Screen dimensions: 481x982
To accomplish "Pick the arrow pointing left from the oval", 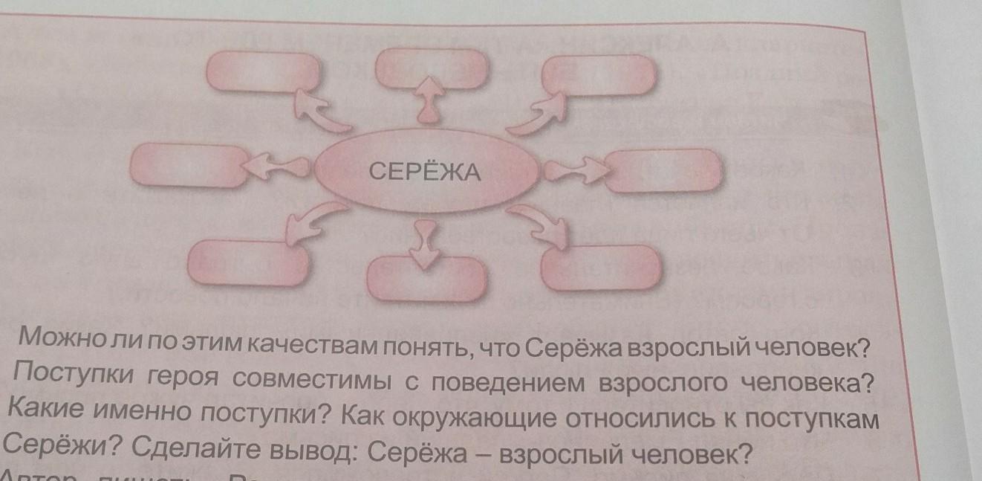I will (267, 167).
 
